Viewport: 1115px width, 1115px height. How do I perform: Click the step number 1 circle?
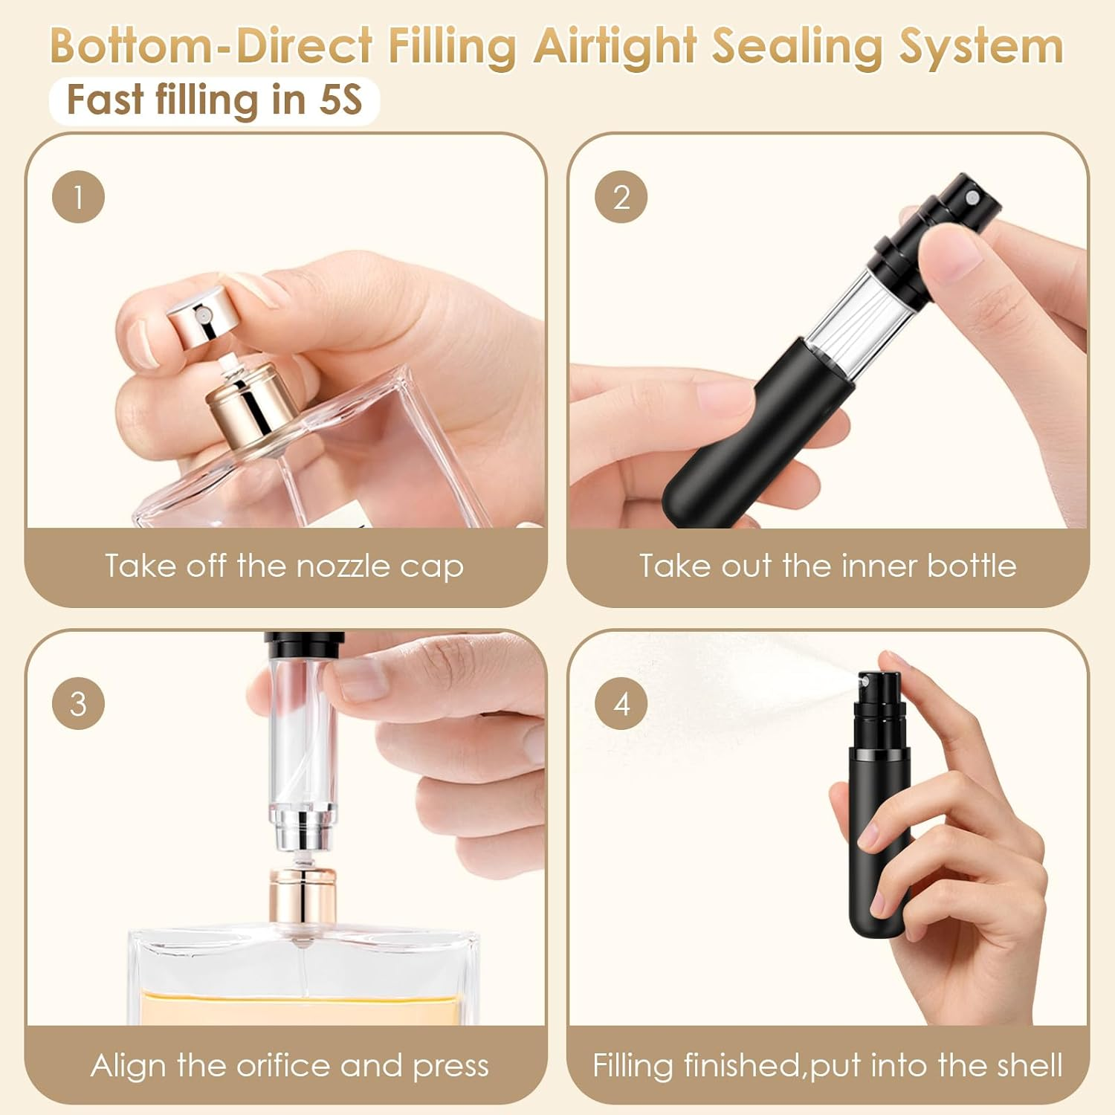78,197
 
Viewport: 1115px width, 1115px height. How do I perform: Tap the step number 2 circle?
621,197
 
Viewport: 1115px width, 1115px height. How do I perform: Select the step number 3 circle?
78,703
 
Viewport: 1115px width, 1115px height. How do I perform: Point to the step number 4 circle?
621,703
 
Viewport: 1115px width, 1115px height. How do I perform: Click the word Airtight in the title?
615,46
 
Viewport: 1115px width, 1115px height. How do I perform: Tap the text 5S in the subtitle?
340,100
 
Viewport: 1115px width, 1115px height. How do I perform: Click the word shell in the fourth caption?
1030,1066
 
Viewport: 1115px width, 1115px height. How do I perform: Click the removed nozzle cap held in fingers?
195,312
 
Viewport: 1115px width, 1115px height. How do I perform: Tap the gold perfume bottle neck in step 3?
302,896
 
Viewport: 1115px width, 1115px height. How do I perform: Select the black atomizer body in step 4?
877,840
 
